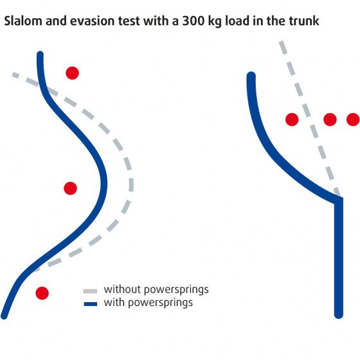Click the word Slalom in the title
tap(23, 21)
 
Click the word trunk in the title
tap(304, 21)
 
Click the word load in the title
tap(237, 21)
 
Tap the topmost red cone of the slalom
tap(72, 73)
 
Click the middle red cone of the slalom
tap(70, 188)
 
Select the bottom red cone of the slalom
tap(42, 293)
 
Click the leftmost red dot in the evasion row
tap(292, 120)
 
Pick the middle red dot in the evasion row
tap(330, 120)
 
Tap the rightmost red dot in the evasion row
tap(353, 120)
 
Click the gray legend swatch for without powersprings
tap(90, 291)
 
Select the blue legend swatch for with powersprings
tap(91, 304)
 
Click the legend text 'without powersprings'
tap(156, 290)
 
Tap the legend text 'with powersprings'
tap(148, 303)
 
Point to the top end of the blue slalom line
tap(40, 54)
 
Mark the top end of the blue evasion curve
tap(251, 76)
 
